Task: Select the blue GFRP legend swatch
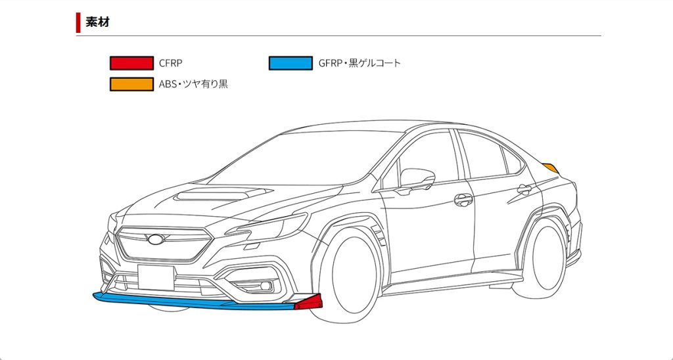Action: pos(290,63)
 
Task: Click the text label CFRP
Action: pos(170,63)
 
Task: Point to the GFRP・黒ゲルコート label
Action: pos(359,63)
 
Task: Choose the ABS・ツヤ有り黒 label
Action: pos(193,84)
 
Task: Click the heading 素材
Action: pos(97,22)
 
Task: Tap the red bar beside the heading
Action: pos(78,22)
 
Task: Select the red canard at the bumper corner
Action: pos(309,303)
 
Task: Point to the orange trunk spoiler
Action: pos(551,167)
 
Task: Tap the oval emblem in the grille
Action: pos(156,240)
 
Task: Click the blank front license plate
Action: pos(156,278)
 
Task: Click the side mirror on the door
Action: pos(417,178)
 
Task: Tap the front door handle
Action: pos(463,198)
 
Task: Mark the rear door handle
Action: pos(524,189)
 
